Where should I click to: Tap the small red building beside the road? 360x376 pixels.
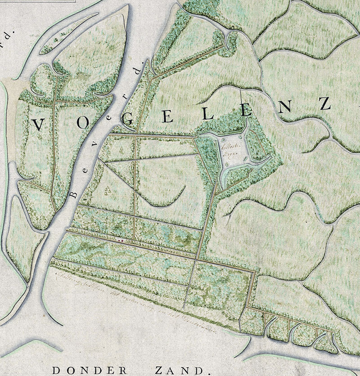[119, 240]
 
